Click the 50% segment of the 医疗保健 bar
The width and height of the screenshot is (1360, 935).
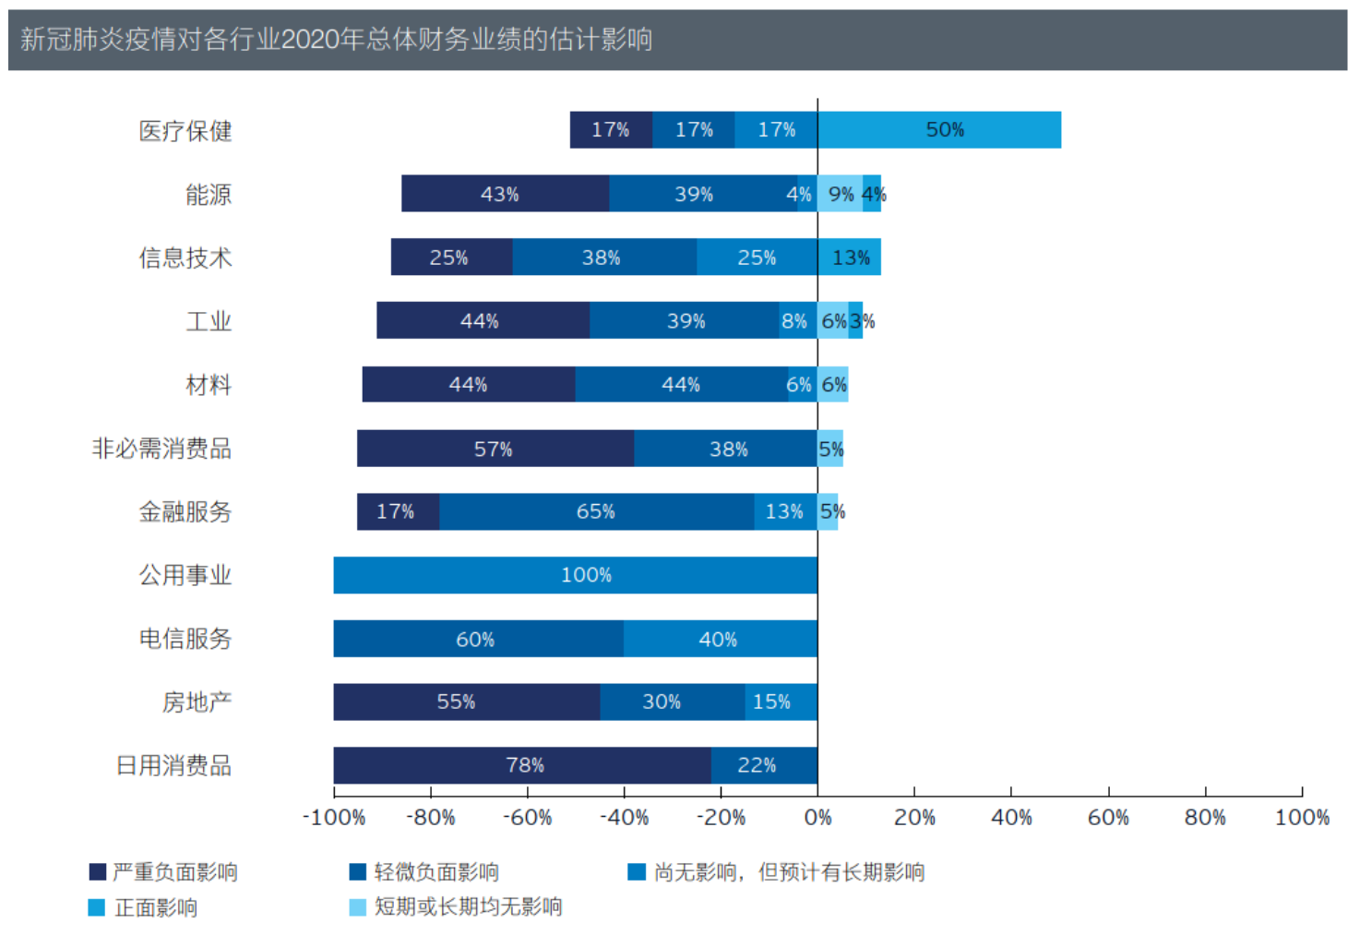point(939,130)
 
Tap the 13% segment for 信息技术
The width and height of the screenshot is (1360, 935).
point(850,258)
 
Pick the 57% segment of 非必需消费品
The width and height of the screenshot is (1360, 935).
point(495,449)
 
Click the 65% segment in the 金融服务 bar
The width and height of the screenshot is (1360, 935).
point(596,511)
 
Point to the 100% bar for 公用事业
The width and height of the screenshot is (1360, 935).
point(575,575)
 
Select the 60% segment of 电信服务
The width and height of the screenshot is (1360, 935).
point(477,639)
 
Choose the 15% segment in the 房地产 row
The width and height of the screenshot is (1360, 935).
point(781,701)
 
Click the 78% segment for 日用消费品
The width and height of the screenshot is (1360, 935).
point(522,765)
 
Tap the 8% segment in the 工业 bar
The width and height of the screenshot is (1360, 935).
point(797,320)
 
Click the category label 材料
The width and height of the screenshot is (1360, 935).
point(209,385)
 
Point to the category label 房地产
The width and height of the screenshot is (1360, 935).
point(197,702)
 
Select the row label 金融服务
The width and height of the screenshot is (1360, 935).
point(185,512)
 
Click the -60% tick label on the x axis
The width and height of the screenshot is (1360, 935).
point(527,818)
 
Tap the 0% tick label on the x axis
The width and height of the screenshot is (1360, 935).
point(817,818)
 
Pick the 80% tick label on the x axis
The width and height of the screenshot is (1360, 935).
point(1205,818)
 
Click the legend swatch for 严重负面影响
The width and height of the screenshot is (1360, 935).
point(98,872)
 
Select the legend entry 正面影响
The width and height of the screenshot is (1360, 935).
point(155,908)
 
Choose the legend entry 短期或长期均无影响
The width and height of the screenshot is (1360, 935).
point(468,907)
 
